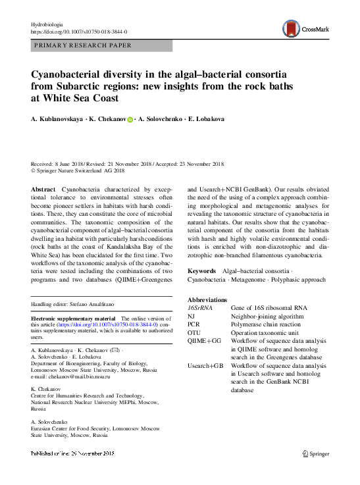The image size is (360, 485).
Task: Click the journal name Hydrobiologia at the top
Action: (x=49, y=24)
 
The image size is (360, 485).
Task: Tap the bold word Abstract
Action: (x=43, y=189)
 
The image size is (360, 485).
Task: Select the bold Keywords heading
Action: (x=201, y=271)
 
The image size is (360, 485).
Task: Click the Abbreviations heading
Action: (x=208, y=299)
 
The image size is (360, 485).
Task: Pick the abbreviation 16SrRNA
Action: (x=200, y=307)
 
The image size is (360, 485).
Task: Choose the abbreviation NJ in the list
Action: (x=192, y=316)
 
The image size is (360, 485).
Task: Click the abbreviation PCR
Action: (x=194, y=324)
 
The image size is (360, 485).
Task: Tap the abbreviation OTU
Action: (x=195, y=332)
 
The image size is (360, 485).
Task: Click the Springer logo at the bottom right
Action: (x=315, y=453)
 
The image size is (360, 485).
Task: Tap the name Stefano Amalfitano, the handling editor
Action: (x=100, y=305)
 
